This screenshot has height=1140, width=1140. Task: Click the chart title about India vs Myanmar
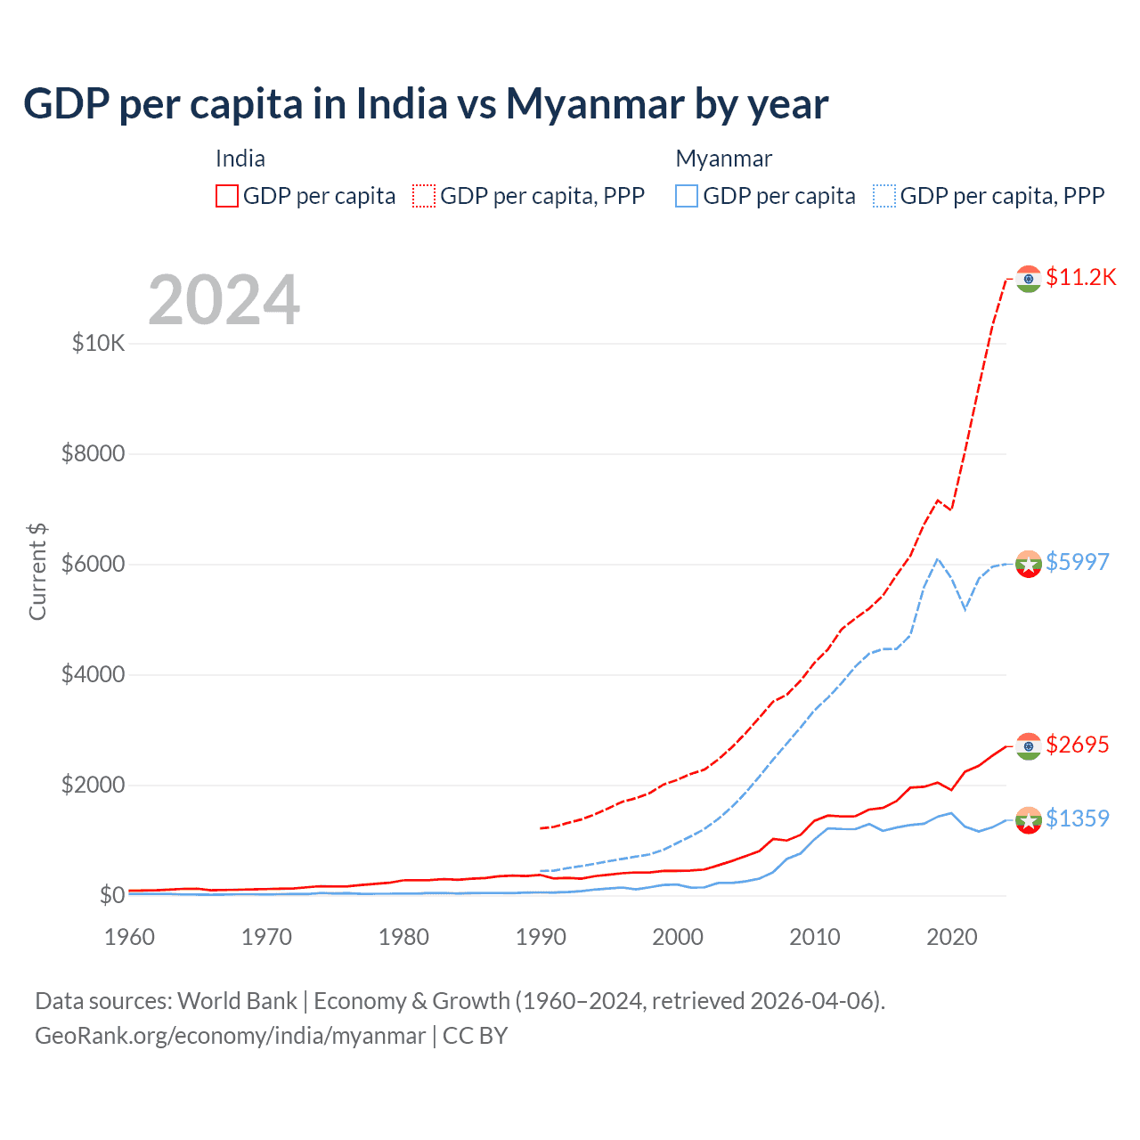click(x=426, y=104)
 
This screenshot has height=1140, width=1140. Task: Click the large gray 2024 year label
click(x=224, y=300)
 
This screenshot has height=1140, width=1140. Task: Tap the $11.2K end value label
click(x=1080, y=277)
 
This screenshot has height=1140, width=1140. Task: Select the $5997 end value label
click(x=1077, y=562)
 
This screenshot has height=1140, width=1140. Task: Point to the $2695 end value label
click(x=1077, y=745)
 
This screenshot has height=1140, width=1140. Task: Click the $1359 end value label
click(x=1077, y=818)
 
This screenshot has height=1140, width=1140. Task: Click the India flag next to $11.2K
click(x=1029, y=279)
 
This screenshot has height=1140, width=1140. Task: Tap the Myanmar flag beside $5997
click(x=1029, y=564)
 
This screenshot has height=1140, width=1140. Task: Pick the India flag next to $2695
click(x=1029, y=746)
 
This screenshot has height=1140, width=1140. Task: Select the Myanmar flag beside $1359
click(x=1029, y=819)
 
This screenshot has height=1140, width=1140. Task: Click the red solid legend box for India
click(x=227, y=196)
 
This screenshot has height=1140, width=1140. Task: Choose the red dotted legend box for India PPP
click(x=424, y=196)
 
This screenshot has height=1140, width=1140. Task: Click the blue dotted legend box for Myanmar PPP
click(x=884, y=196)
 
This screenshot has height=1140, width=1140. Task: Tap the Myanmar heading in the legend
click(x=723, y=159)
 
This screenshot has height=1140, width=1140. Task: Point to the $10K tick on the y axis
click(x=98, y=343)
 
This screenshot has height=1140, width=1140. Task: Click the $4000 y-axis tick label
click(x=93, y=674)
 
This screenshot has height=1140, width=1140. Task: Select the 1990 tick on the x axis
click(x=541, y=937)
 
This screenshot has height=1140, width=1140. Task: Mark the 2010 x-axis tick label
click(x=815, y=937)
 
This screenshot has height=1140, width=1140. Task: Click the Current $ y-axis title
click(x=37, y=572)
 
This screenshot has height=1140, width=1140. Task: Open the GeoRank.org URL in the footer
click(x=231, y=1036)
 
